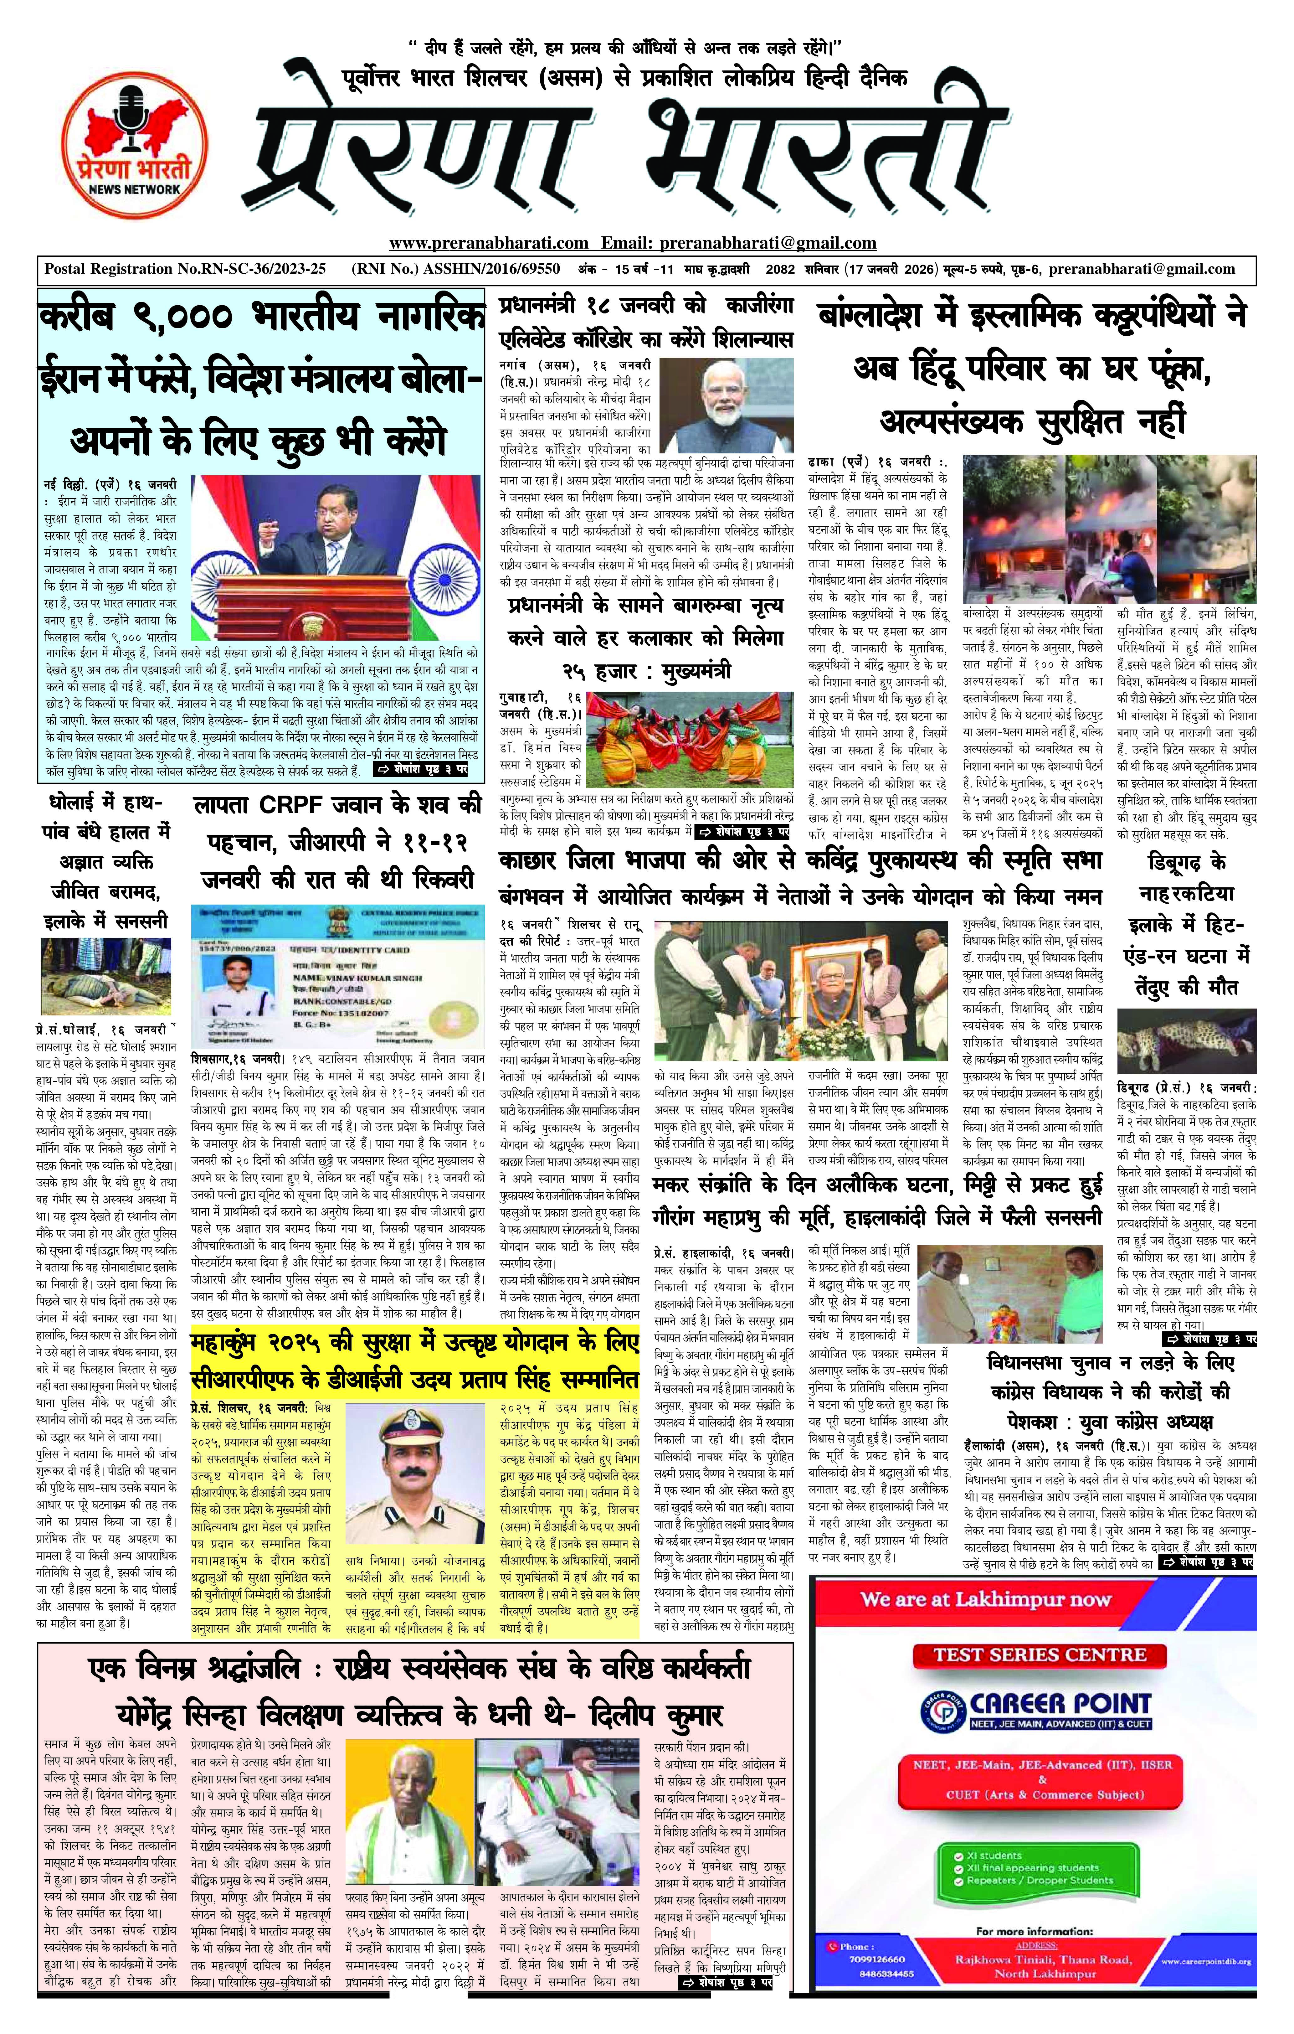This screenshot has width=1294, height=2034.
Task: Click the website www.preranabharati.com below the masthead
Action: pos(488,243)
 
